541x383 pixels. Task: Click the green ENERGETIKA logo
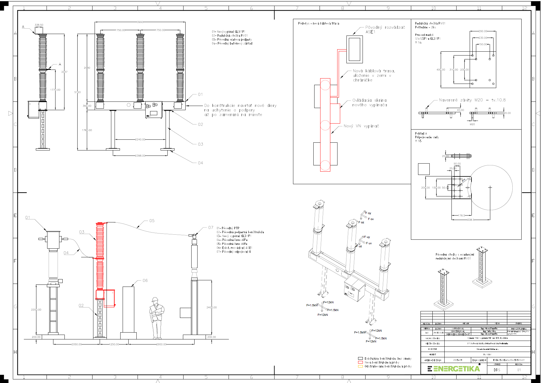click(x=454, y=369)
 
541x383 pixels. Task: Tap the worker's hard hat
click(x=155, y=300)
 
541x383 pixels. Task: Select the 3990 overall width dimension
click(x=140, y=22)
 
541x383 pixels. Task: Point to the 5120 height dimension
click(x=77, y=92)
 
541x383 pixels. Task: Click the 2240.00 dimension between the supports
click(x=140, y=139)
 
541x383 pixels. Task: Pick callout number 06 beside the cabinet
click(x=145, y=281)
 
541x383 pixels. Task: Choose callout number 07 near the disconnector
click(x=211, y=227)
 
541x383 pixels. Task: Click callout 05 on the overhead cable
click(x=152, y=221)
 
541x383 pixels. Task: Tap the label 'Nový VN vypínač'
click(x=361, y=126)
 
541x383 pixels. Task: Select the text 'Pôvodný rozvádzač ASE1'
click(x=385, y=30)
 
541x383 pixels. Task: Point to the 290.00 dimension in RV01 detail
click(x=483, y=31)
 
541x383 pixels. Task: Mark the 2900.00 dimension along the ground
click(x=161, y=344)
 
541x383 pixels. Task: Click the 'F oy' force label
click(x=368, y=213)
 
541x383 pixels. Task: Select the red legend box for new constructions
click(x=360, y=362)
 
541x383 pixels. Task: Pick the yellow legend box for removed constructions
click(x=360, y=366)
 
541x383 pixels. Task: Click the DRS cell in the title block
click(x=497, y=370)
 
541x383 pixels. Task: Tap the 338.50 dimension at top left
click(x=39, y=25)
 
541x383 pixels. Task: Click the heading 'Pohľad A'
click(x=421, y=133)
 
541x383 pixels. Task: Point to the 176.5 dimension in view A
click(x=462, y=215)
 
